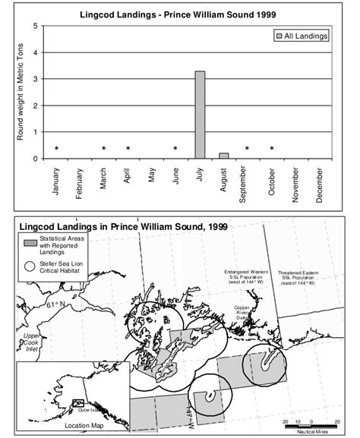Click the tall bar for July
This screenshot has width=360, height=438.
[x=200, y=115]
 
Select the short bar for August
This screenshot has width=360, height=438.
[x=223, y=156]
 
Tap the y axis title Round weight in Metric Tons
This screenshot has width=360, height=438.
[x=21, y=93]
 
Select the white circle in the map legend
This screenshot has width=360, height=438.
[x=30, y=266]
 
